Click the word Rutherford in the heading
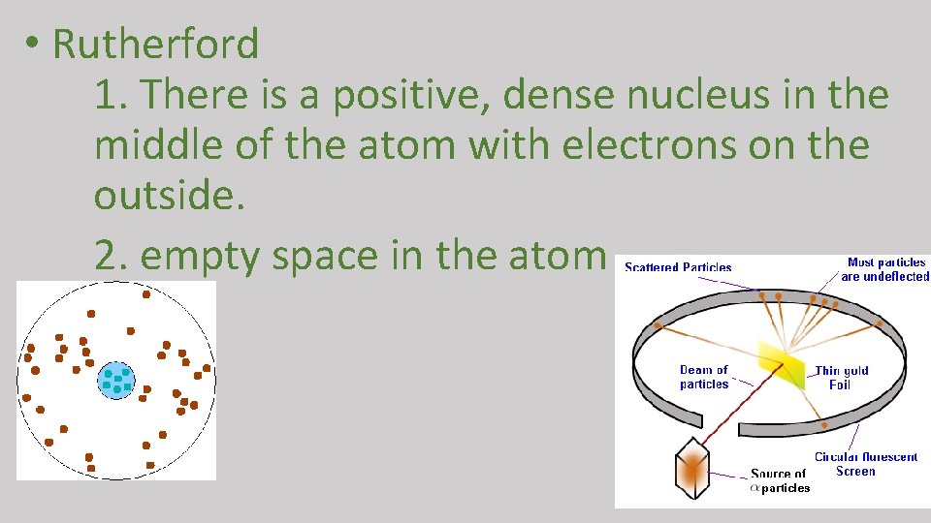[155, 45]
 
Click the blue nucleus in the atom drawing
[116, 380]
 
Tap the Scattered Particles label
[678, 267]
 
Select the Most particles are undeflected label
[884, 269]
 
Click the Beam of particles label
[704, 377]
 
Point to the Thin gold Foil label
[841, 378]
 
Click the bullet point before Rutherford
[32, 46]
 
